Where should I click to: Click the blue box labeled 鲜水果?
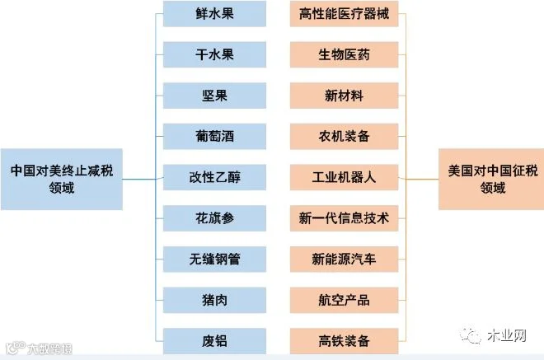214,14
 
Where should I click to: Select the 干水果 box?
214,55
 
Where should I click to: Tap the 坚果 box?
214,96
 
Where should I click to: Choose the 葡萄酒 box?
214,136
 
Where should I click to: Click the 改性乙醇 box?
214,177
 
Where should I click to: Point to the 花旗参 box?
214,218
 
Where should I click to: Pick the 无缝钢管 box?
214,259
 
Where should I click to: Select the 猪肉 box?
214,300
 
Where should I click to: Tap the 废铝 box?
214,341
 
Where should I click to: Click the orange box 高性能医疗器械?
345,14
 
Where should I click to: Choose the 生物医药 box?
345,55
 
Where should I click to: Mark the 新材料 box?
345,96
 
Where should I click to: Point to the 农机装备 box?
345,136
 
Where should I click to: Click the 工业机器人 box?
345,177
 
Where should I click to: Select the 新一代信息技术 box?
345,218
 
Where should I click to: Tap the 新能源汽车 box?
345,259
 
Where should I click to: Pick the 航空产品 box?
345,300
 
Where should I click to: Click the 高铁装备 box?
345,341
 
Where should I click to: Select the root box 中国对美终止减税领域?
62,180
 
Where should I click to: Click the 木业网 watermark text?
507,335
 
